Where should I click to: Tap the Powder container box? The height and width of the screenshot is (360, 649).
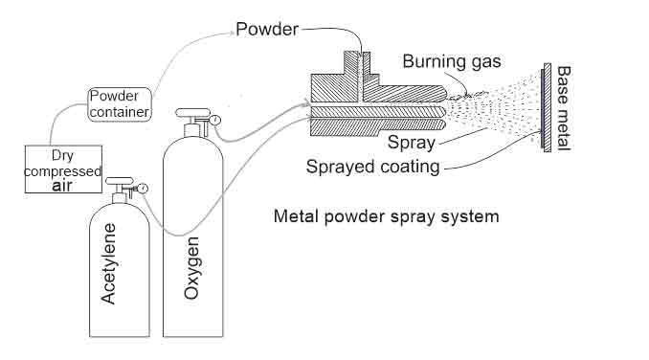[120, 103]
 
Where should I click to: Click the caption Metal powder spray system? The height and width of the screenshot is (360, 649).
[386, 216]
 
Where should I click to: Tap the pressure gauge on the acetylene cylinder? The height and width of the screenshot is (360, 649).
[142, 189]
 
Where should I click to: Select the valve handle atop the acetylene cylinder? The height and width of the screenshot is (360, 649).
[119, 179]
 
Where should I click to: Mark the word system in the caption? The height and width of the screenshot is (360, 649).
[470, 216]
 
